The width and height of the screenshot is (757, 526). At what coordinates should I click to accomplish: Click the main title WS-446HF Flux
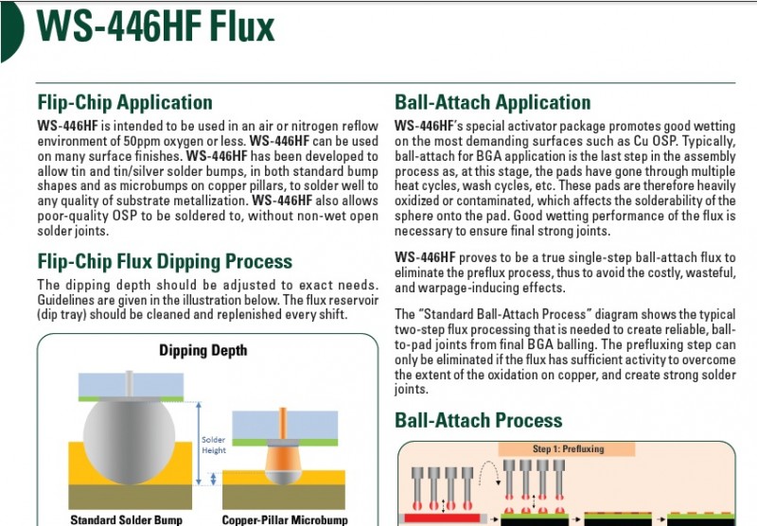pyautogui.click(x=155, y=26)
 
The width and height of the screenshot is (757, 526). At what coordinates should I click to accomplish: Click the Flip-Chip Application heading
pyautogui.click(x=125, y=102)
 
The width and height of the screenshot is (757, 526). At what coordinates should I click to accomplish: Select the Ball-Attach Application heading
pyautogui.click(x=493, y=102)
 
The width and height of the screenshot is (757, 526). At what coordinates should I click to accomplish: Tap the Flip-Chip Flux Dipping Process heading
pyautogui.click(x=165, y=261)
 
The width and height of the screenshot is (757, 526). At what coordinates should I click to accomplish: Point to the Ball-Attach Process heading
pyautogui.click(x=479, y=420)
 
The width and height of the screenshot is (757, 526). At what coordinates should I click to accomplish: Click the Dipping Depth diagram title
pyautogui.click(x=203, y=350)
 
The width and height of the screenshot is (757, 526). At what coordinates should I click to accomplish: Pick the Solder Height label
pyautogui.click(x=214, y=445)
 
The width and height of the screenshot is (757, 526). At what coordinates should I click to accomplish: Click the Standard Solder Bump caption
pyautogui.click(x=127, y=519)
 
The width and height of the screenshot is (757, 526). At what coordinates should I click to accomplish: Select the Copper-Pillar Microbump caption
pyautogui.click(x=285, y=519)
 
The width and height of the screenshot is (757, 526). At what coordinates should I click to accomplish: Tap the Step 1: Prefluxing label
pyautogui.click(x=569, y=448)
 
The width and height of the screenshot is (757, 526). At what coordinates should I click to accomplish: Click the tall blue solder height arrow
pyautogui.click(x=199, y=444)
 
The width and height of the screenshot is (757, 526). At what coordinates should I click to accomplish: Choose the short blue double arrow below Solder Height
pyautogui.click(x=214, y=479)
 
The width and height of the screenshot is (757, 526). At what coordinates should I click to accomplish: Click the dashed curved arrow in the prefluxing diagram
pyautogui.click(x=488, y=471)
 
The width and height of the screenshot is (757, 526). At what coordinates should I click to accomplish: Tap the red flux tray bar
pyautogui.click(x=443, y=518)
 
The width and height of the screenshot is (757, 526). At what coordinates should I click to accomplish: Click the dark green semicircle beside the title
pyautogui.click(x=12, y=31)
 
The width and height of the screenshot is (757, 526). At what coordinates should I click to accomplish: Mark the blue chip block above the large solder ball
pyautogui.click(x=131, y=385)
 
